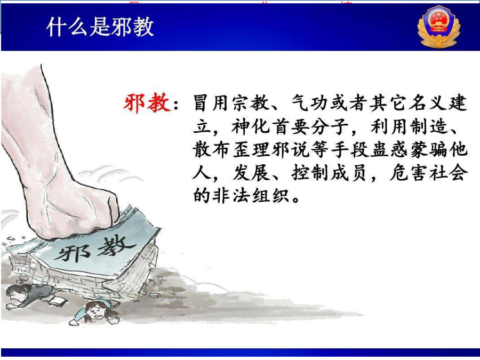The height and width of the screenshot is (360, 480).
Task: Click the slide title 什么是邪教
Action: tap(100, 27)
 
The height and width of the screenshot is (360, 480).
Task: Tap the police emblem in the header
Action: tap(439, 27)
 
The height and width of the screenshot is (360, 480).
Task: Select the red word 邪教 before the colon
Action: tap(147, 102)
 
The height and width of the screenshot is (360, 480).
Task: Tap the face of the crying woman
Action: tap(96, 311)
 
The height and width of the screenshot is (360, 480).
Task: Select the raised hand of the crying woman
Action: tap(114, 318)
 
